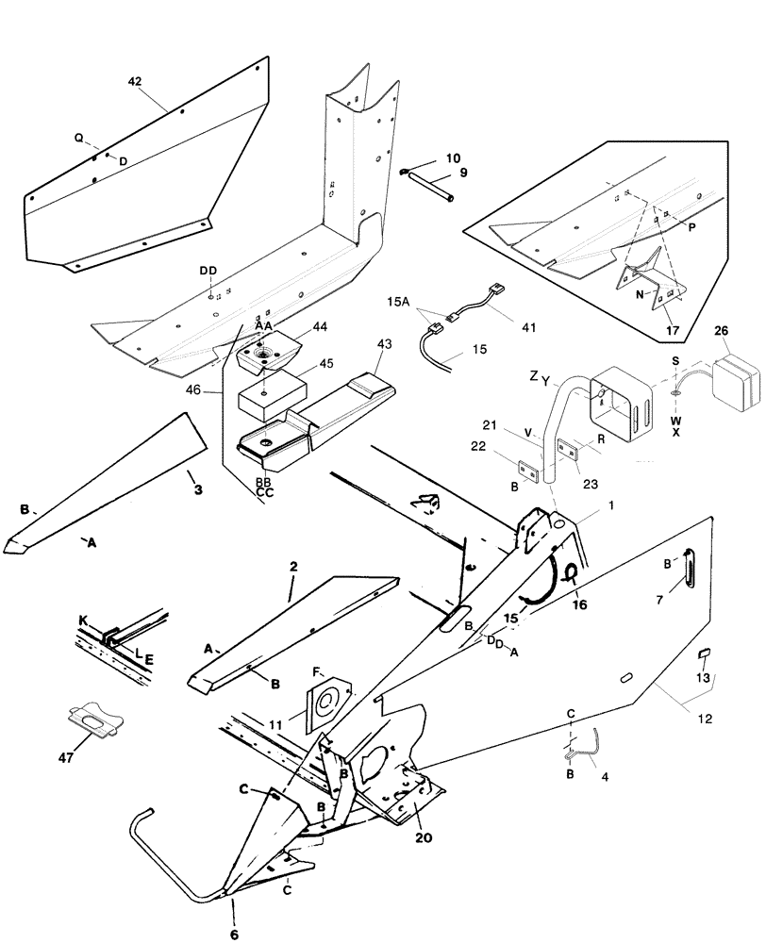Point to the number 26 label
point(721,331)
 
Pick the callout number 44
point(320,326)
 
